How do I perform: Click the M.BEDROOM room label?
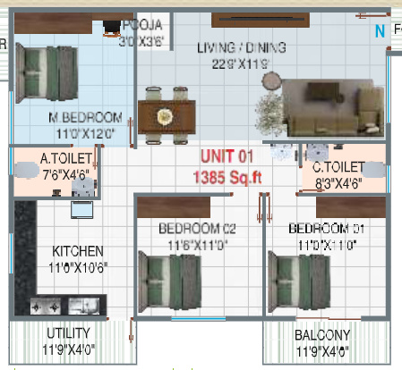(x=86, y=118)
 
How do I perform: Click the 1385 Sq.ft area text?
(x=227, y=177)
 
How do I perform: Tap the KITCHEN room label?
(x=77, y=251)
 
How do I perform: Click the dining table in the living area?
(x=167, y=115)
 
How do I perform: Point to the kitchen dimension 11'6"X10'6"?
(x=77, y=267)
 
